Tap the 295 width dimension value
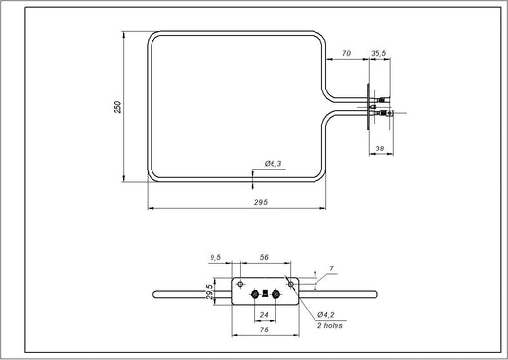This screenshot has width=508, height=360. [258, 202]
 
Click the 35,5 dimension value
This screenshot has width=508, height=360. [379, 55]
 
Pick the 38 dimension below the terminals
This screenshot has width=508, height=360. [380, 149]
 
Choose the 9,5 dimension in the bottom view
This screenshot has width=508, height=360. [216, 257]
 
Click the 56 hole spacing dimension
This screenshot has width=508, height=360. [264, 257]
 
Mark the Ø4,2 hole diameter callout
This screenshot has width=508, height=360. [325, 314]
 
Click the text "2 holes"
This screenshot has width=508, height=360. [331, 325]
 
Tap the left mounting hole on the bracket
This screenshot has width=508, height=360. [240, 283]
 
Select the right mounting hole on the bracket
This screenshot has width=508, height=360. [290, 283]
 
